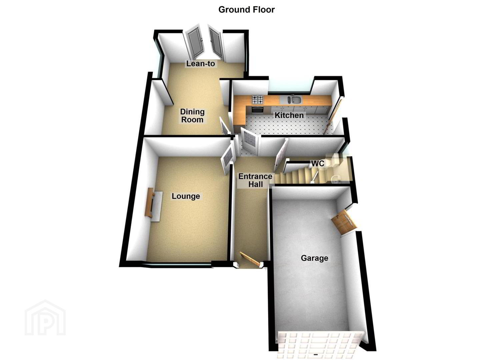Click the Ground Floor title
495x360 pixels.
(246, 10)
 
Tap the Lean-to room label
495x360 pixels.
(200, 64)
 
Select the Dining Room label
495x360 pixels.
(192, 116)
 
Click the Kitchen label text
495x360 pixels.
(289, 115)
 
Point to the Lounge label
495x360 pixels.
(186, 196)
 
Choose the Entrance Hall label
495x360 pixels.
(255, 180)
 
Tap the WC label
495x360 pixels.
(318, 164)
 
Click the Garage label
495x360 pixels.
(314, 258)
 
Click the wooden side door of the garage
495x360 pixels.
(344, 222)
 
